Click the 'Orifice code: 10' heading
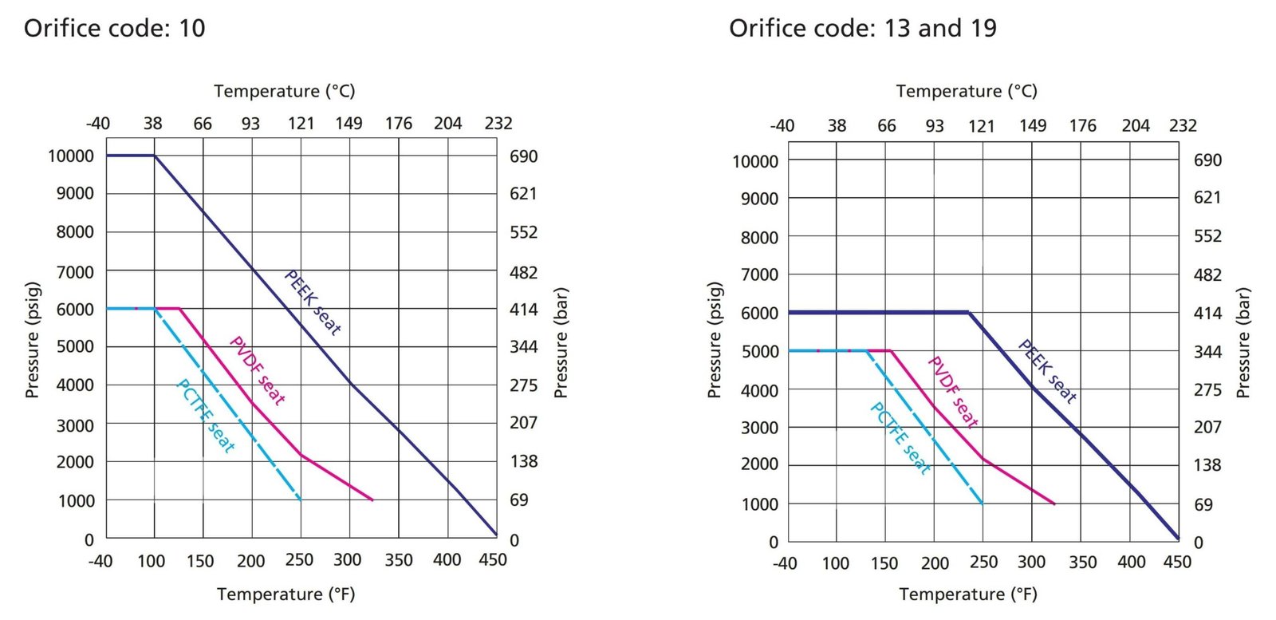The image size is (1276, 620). click(x=114, y=29)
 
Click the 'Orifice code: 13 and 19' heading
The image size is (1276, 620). click(x=862, y=29)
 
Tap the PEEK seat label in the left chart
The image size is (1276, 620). click(x=313, y=303)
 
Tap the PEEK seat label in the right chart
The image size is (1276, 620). click(x=1047, y=372)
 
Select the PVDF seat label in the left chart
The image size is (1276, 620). click(x=257, y=370)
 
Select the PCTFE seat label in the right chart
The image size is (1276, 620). click(x=900, y=438)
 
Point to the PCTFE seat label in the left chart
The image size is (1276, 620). click(x=205, y=416)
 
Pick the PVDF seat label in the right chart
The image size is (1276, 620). click(x=952, y=392)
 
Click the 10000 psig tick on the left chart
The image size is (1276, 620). click(x=71, y=156)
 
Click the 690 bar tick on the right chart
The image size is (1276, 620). click(x=1207, y=160)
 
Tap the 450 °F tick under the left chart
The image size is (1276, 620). click(x=493, y=560)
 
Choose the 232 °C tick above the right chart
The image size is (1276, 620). click(x=1183, y=125)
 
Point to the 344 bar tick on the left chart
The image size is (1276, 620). click(x=523, y=347)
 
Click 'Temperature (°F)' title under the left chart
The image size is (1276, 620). click(x=286, y=594)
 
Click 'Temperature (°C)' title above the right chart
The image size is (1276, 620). click(x=967, y=91)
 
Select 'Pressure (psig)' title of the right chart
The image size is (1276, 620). click(x=715, y=340)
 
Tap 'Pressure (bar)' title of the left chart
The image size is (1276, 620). click(x=561, y=343)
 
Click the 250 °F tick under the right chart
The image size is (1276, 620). click(x=983, y=563)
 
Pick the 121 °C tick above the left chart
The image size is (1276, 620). click(x=301, y=124)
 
